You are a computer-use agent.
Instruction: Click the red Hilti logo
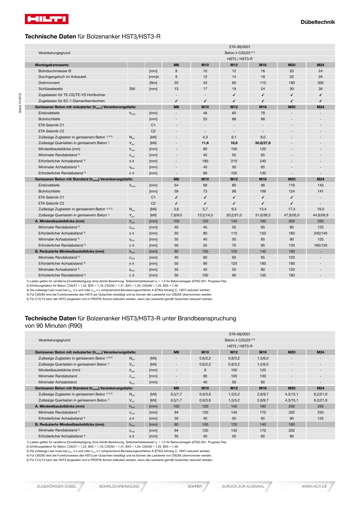pyautogui.click(x=46, y=19)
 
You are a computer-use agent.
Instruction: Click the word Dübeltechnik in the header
pyautogui.click(x=317, y=22)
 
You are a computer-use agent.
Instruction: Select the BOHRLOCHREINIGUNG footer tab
pyautogui.click(x=119, y=486)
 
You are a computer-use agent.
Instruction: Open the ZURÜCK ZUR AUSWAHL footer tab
pyautogui.click(x=243, y=486)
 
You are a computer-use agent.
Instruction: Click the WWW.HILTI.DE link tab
pyautogui.click(x=314, y=486)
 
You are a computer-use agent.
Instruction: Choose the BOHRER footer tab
pyautogui.click(x=194, y=486)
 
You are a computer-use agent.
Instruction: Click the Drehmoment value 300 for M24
pyautogui.click(x=320, y=83)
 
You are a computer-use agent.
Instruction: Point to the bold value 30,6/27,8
pyautogui.click(x=263, y=143)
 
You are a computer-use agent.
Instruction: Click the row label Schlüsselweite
pyautogui.click(x=51, y=89)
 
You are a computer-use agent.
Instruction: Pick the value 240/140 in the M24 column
pyautogui.click(x=320, y=233)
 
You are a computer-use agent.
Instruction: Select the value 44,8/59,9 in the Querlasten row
pyautogui.click(x=320, y=215)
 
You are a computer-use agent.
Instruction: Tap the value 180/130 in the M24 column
pyautogui.click(x=320, y=245)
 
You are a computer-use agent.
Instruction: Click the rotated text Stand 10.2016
pyautogui.click(x=20, y=103)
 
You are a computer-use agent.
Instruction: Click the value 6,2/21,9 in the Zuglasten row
pyautogui.click(x=320, y=394)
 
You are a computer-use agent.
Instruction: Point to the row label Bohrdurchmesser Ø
pyautogui.click(x=55, y=71)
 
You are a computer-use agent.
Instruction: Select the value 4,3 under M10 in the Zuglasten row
pyautogui.click(x=205, y=137)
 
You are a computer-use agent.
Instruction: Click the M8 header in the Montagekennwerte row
pyautogui.click(x=176, y=65)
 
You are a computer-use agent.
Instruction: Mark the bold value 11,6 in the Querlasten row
pyautogui.click(x=205, y=143)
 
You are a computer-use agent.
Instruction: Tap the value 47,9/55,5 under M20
pyautogui.click(x=292, y=215)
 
